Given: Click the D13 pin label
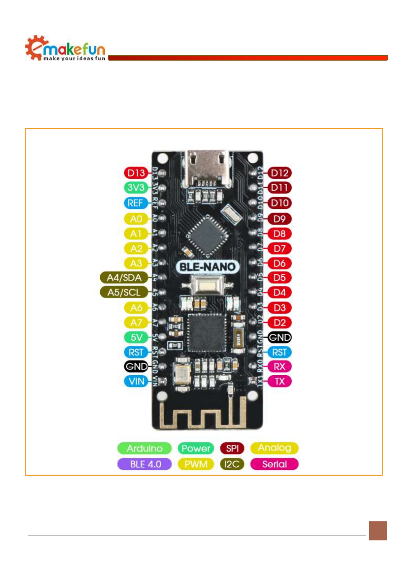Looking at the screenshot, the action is pyautogui.click(x=136, y=173).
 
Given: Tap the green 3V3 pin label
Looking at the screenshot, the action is pyautogui.click(x=136, y=188).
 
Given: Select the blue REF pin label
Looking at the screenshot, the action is pyautogui.click(x=136, y=203).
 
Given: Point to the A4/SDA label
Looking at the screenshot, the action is pyautogui.click(x=124, y=278).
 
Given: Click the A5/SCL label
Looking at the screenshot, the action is pyautogui.click(x=124, y=293).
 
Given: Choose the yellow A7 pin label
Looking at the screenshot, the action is pyautogui.click(x=136, y=323).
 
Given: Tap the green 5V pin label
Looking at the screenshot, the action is pyautogui.click(x=136, y=337).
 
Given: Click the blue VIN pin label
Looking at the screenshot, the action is pyautogui.click(x=136, y=382).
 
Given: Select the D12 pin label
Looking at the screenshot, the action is pyautogui.click(x=280, y=173).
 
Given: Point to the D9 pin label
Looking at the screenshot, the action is pyautogui.click(x=280, y=219).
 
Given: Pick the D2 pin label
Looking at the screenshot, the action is pyautogui.click(x=280, y=323).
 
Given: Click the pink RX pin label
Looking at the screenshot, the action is pyautogui.click(x=280, y=367).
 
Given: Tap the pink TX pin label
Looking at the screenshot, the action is pyautogui.click(x=280, y=382).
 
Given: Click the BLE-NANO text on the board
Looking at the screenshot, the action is pyautogui.click(x=208, y=267).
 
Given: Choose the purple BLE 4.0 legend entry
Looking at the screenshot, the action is pyautogui.click(x=145, y=464).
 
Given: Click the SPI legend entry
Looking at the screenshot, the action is pyautogui.click(x=232, y=448).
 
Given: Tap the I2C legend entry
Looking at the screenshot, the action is pyautogui.click(x=232, y=464).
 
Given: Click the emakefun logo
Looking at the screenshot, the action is pyautogui.click(x=65, y=48).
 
